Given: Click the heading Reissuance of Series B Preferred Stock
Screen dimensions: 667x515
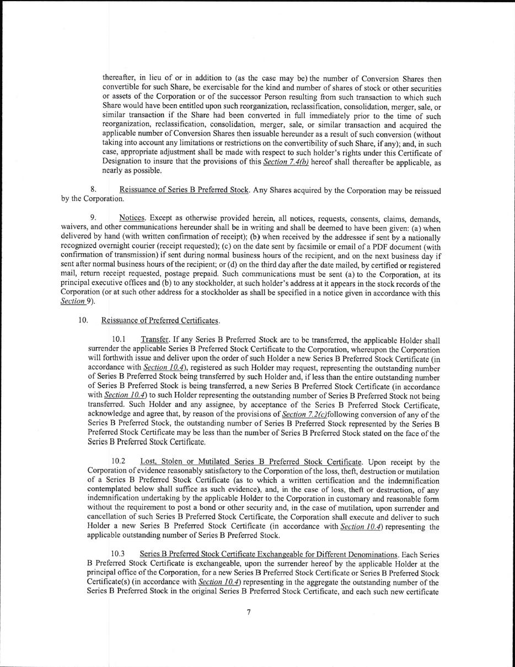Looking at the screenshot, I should [184, 191].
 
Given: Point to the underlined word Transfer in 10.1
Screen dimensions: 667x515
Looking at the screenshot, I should [154, 340].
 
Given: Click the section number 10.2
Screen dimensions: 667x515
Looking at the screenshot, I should [119, 461].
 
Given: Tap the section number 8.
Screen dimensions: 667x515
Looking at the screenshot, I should [94, 191].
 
